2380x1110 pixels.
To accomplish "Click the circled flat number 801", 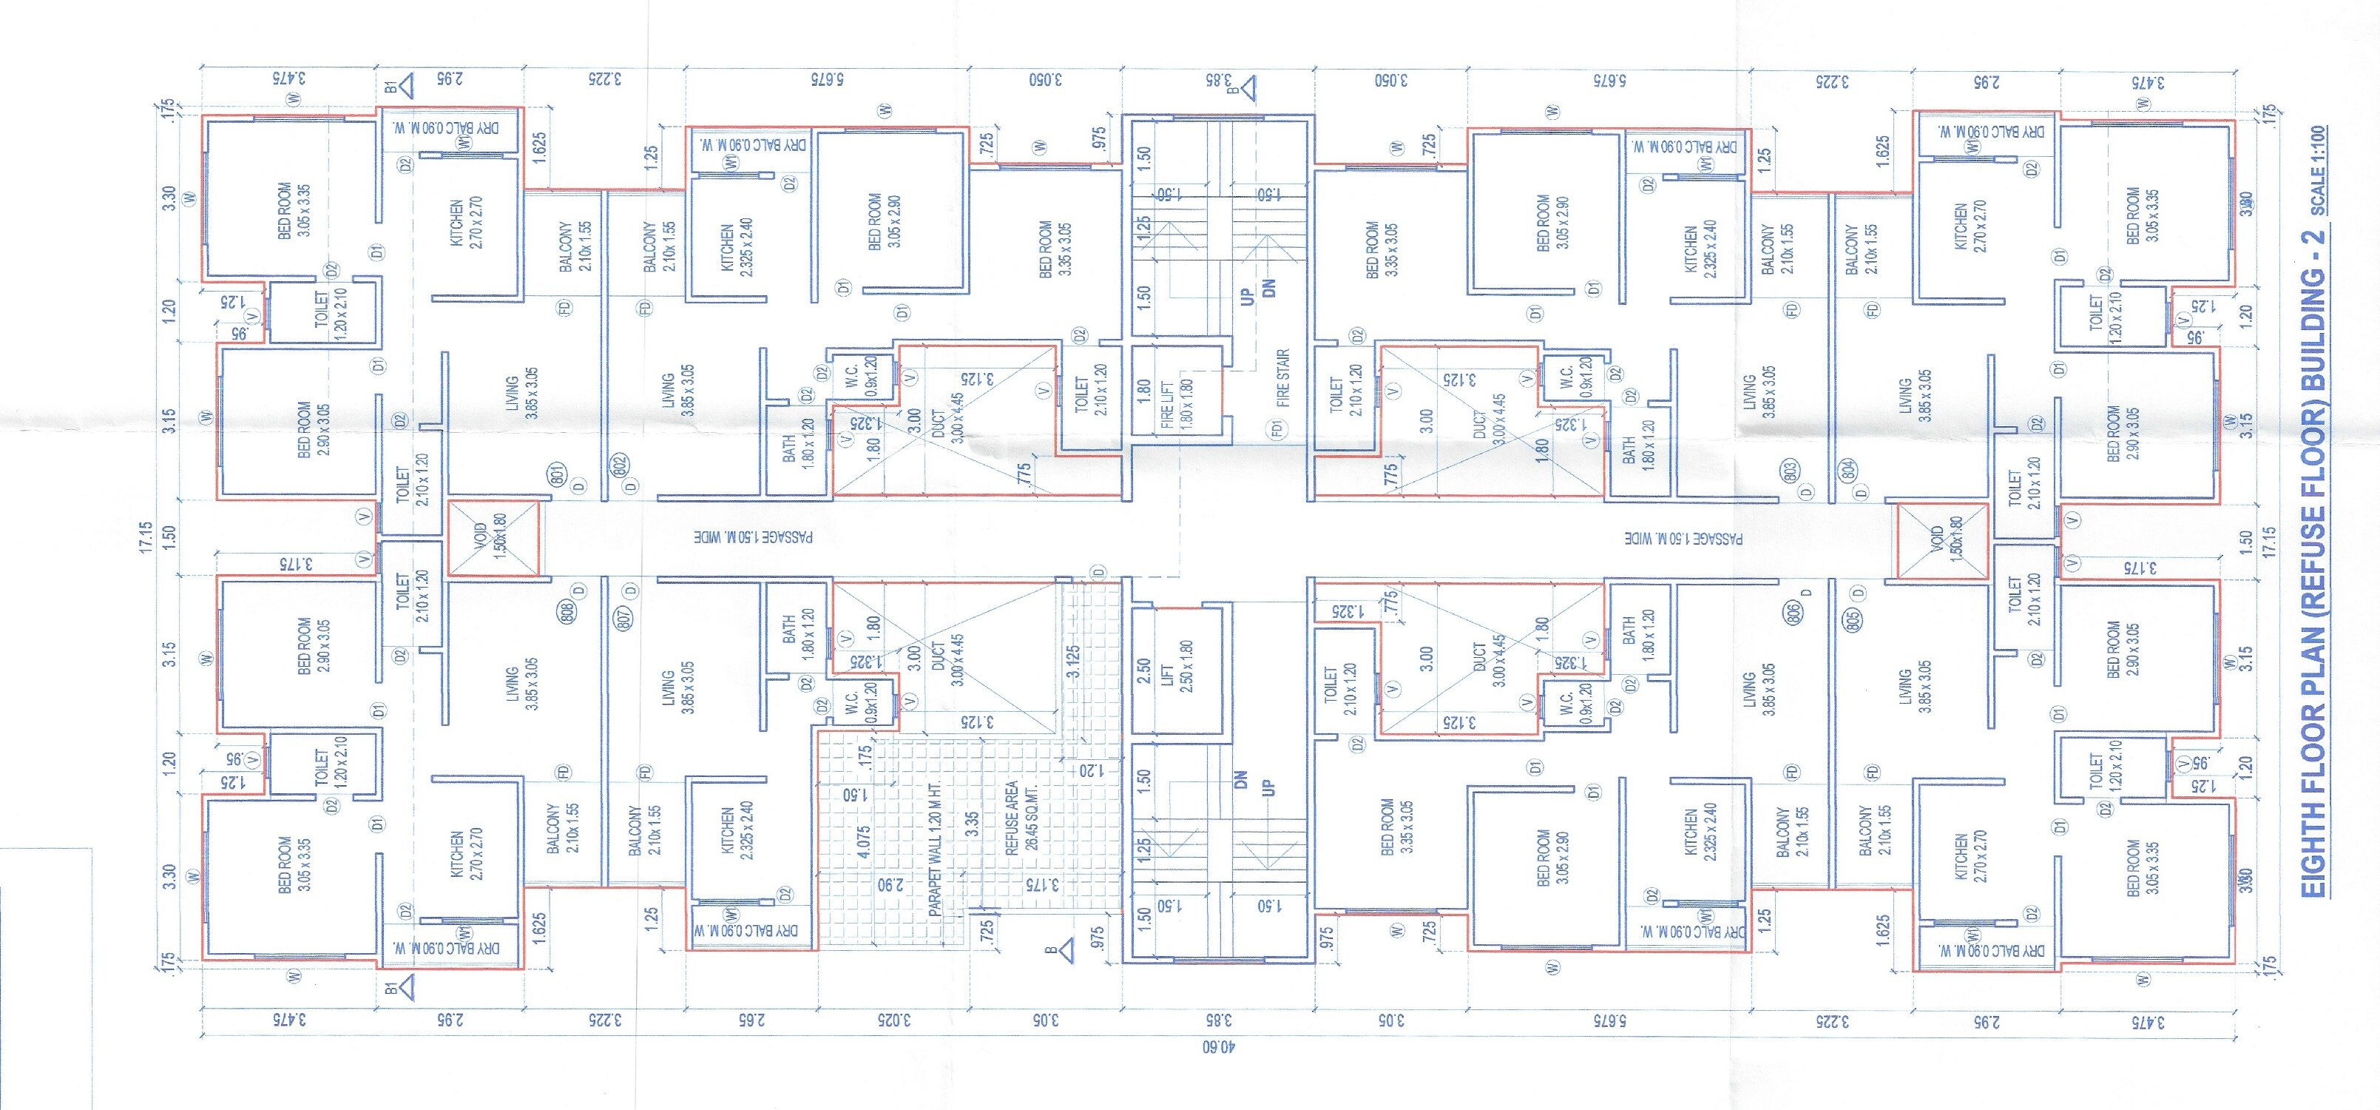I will pyautogui.click(x=557, y=474).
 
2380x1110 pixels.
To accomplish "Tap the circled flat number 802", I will pyautogui.click(x=620, y=465).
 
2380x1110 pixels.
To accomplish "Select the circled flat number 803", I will pyautogui.click(x=1790, y=471).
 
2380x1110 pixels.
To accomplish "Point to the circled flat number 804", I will pyautogui.click(x=1849, y=469).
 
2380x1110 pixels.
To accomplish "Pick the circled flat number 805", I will pyautogui.click(x=1853, y=621).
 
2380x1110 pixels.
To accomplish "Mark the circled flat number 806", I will pyautogui.click(x=1794, y=612).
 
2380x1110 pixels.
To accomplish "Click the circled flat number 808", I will pyautogui.click(x=567, y=610).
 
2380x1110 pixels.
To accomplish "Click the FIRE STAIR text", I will pyautogui.click(x=1282, y=377).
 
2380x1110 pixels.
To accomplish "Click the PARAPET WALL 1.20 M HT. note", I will pyautogui.click(x=935, y=850).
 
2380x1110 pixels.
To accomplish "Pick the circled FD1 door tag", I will pyautogui.click(x=1278, y=429).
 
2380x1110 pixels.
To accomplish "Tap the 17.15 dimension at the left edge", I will pyautogui.click(x=145, y=538).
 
